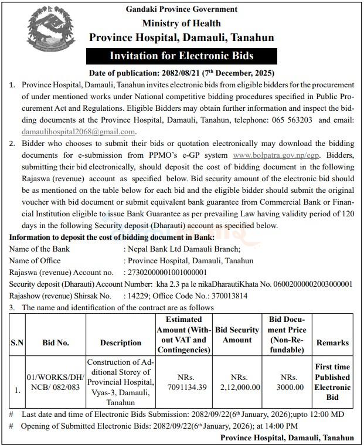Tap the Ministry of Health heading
[182, 23]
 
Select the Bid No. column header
[56, 342]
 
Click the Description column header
[121, 342]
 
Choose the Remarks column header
[332, 342]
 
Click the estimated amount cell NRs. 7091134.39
[183, 382]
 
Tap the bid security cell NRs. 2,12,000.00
[237, 382]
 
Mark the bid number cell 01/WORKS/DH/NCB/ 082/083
[55, 382]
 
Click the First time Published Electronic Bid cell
[332, 382]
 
